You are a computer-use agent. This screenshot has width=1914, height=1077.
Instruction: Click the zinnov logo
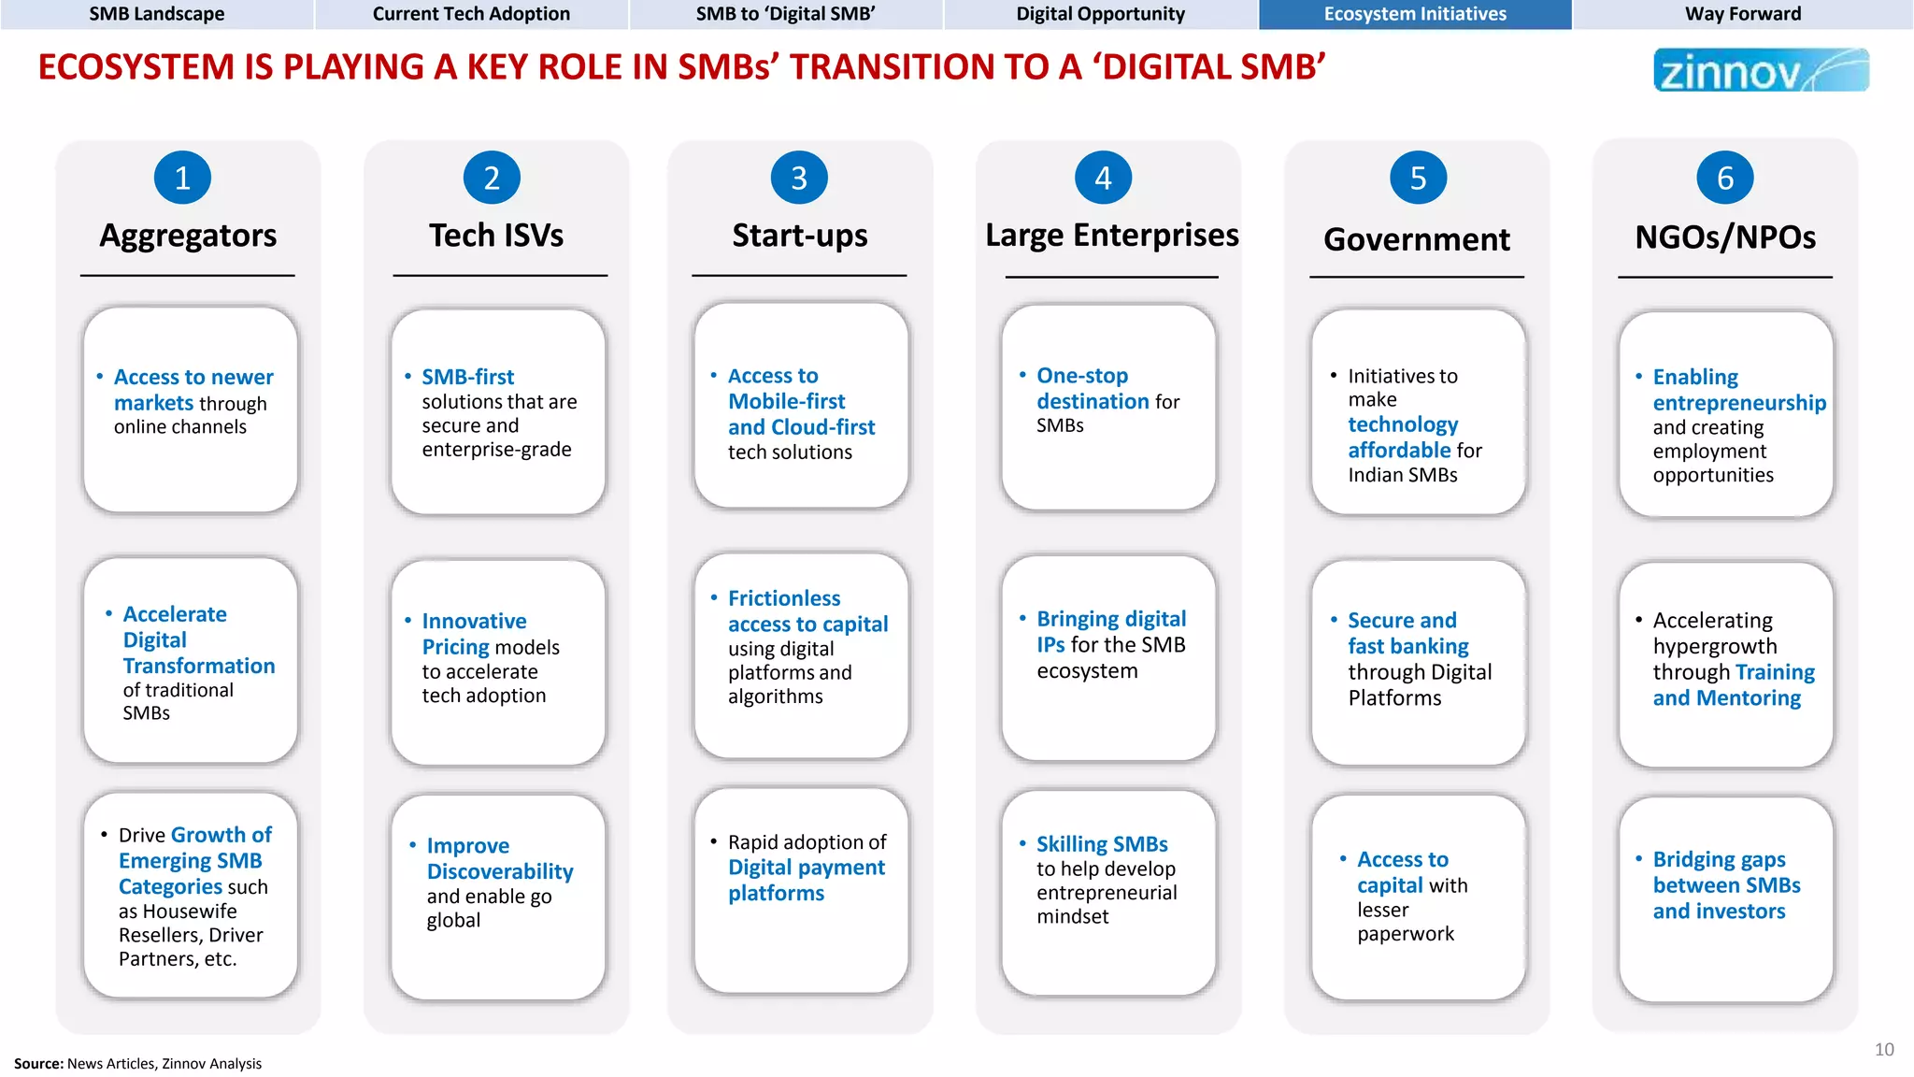click(1761, 70)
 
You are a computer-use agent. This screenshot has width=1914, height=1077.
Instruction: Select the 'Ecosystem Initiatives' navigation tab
click(1415, 14)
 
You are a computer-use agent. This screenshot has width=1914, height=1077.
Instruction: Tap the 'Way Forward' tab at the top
click(1743, 14)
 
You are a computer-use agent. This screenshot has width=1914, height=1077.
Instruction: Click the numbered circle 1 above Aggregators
click(182, 178)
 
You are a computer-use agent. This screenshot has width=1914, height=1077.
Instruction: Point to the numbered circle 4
click(1103, 178)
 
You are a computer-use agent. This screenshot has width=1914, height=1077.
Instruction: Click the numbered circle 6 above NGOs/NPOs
click(1725, 178)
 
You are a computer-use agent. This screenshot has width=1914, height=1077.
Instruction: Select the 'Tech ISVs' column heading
click(496, 236)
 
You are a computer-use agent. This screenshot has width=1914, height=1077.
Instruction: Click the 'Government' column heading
click(1417, 239)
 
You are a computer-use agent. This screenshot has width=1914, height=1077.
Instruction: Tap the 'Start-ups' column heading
click(800, 236)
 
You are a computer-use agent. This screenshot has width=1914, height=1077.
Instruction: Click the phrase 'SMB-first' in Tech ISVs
click(467, 377)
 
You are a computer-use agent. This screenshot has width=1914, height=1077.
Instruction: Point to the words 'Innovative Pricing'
click(473, 634)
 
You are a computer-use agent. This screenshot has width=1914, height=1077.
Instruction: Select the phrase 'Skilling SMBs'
click(1102, 844)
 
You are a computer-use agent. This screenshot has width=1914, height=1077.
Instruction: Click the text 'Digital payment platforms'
click(806, 880)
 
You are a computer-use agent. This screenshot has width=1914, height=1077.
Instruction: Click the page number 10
click(1884, 1050)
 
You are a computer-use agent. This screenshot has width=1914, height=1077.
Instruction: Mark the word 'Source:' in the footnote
click(38, 1064)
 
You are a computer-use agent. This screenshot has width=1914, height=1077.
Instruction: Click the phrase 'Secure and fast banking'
click(1407, 633)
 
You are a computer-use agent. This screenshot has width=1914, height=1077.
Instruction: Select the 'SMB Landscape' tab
click(157, 14)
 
